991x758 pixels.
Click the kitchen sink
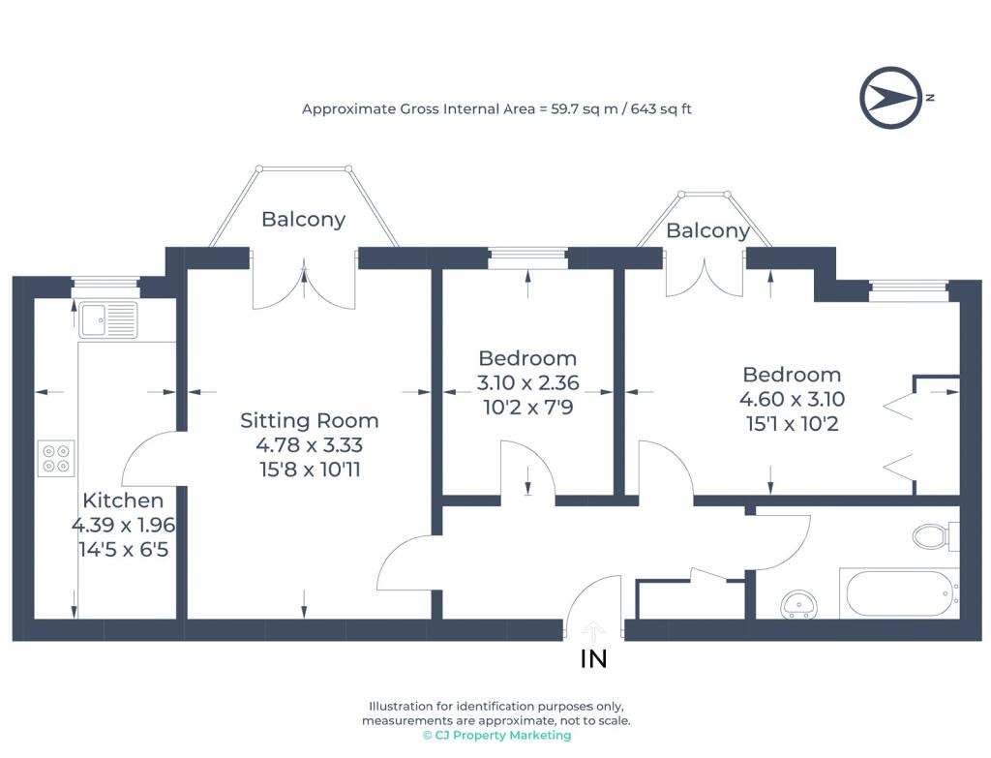108,319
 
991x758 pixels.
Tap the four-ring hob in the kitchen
55,458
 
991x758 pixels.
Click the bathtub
899,593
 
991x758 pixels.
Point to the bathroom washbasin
798,604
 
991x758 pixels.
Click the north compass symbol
891,98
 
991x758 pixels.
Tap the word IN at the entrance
593,658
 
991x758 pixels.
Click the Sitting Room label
309,420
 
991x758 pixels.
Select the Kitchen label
123,500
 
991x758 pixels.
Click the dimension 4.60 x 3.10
792,399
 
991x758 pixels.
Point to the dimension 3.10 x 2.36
527,382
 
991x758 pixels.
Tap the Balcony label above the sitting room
303,220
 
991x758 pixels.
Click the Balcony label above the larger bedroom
707,230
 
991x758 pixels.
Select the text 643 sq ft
661,108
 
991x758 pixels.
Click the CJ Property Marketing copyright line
496,735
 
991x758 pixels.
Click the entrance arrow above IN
593,631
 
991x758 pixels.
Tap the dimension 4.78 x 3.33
309,445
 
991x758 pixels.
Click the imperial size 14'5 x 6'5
123,549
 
